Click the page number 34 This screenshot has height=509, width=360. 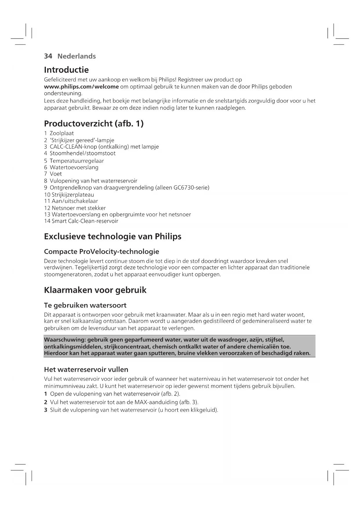(48, 56)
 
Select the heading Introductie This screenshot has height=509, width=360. (66, 70)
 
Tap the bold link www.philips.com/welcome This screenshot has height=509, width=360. (81, 87)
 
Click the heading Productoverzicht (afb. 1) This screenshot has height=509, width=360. (94, 124)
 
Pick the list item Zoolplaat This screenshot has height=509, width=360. (61, 133)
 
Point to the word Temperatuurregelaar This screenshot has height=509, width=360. (77, 161)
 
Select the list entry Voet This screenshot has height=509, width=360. (56, 174)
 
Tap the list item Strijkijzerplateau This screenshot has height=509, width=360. (73, 195)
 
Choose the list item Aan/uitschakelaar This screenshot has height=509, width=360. (75, 201)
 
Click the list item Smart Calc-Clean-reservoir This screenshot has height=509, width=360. (85, 221)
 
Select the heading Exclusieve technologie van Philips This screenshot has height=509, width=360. (113, 237)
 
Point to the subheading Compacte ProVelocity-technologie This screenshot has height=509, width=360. (102, 252)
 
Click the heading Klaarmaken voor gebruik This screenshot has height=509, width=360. (95, 290)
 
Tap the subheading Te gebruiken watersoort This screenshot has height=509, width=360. (85, 305)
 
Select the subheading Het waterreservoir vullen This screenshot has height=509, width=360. (86, 370)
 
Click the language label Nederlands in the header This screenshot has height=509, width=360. (77, 56)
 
